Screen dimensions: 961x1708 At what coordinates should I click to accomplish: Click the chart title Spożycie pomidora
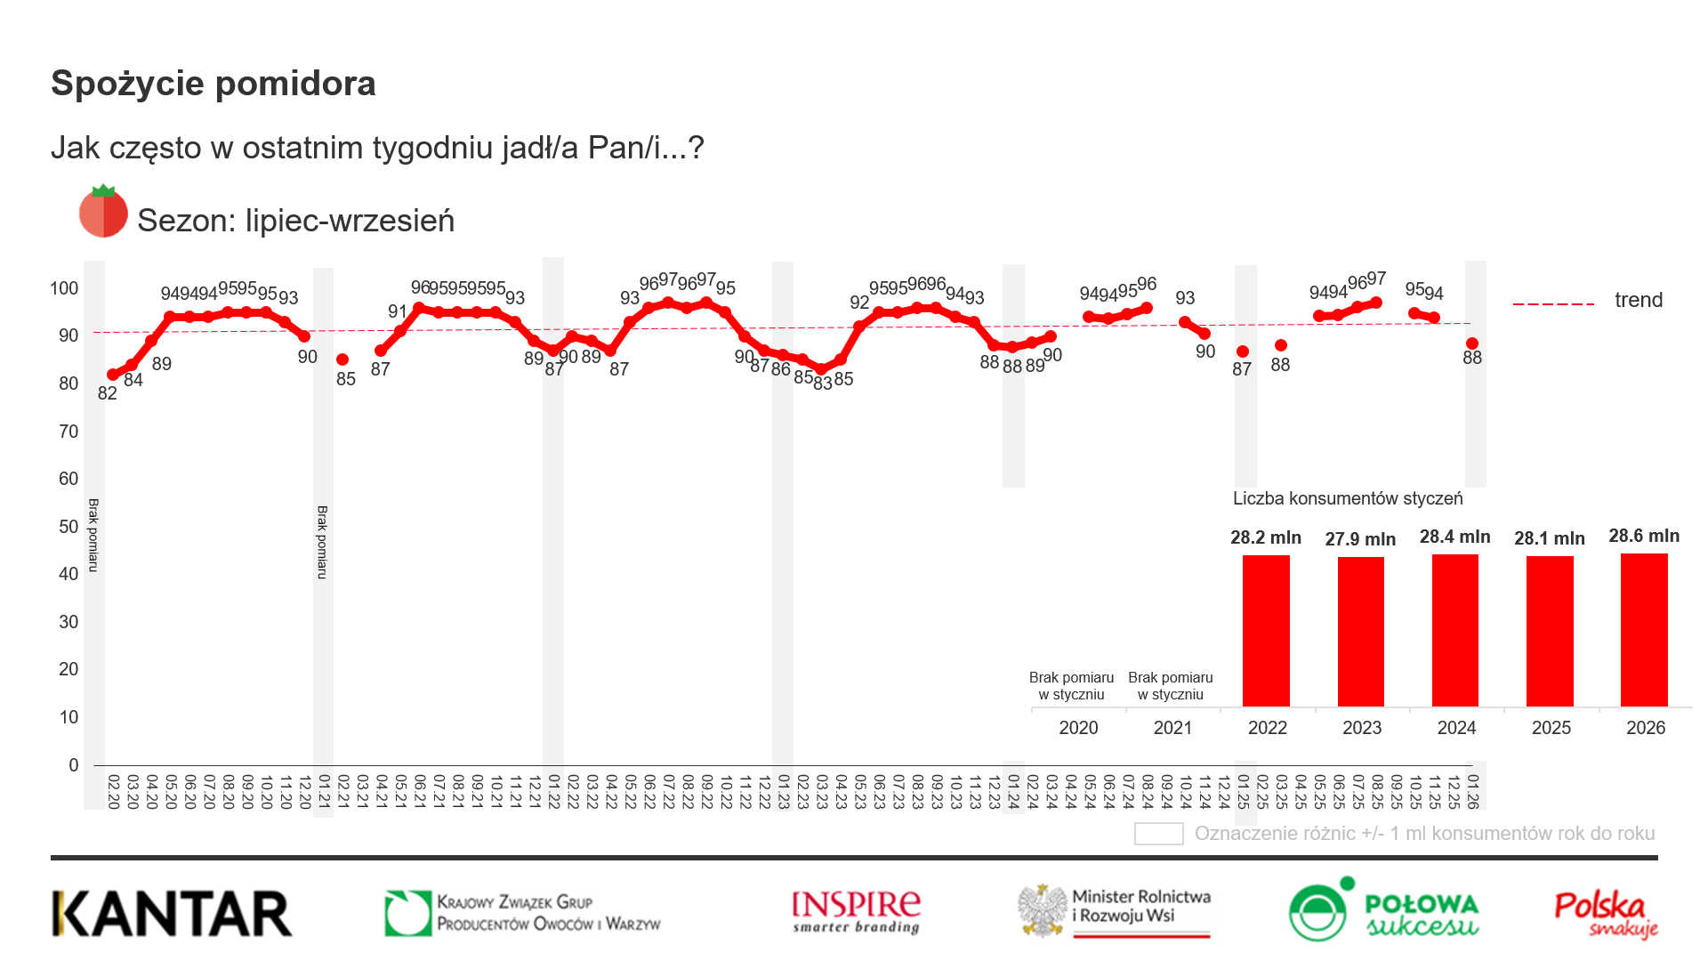(213, 84)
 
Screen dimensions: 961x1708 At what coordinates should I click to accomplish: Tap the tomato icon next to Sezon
(103, 212)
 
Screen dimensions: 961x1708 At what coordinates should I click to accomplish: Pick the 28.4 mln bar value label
(1454, 537)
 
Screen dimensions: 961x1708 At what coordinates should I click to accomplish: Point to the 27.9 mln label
(1360, 539)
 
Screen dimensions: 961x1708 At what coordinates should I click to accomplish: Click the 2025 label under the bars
(1551, 728)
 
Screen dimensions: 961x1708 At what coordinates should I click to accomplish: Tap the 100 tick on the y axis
(64, 288)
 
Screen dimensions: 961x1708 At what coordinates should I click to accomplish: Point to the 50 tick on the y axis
(68, 527)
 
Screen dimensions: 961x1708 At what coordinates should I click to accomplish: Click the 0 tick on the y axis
(74, 765)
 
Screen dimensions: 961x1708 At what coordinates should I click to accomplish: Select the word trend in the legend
(1639, 300)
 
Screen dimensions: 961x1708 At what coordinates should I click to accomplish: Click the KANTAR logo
(172, 914)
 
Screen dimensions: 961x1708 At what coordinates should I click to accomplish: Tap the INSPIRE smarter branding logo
(856, 912)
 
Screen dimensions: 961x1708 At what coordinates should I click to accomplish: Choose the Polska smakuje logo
(1606, 915)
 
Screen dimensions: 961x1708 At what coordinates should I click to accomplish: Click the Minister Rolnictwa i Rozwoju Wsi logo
(1115, 910)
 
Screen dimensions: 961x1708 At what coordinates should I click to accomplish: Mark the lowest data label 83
(823, 384)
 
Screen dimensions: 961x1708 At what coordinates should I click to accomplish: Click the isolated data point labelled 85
(342, 359)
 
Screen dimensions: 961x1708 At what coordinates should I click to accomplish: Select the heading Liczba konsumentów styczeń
(1347, 498)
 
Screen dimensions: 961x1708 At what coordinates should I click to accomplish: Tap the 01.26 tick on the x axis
(1473, 792)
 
